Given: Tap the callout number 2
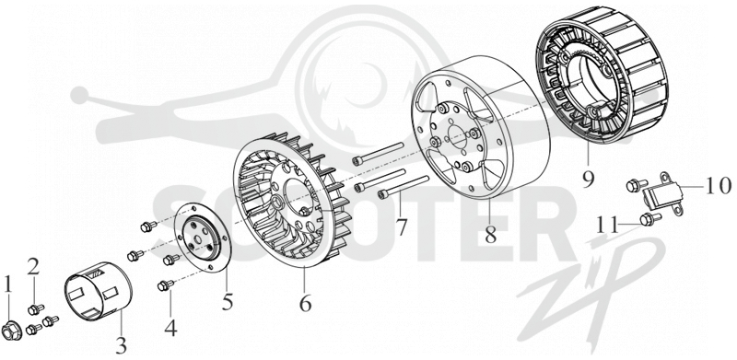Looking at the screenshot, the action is tap(32, 268).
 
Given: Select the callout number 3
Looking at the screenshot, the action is tap(121, 346).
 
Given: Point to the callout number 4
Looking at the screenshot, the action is tap(170, 327).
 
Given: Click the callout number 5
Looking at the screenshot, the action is tap(228, 301).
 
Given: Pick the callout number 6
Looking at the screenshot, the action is tap(306, 304).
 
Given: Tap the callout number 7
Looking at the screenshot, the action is tap(401, 226).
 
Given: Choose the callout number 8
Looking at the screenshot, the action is tap(491, 235).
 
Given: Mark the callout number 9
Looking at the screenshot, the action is tap(588, 179).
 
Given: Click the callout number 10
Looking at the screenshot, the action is tap(718, 186).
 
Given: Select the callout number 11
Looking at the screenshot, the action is tap(608, 225).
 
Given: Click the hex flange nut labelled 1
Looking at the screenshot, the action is tap(11, 330).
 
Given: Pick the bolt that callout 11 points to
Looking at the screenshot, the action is tap(650, 218).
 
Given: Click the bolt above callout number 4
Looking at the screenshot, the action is tap(167, 285).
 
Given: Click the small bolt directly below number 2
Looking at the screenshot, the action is tap(35, 309).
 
